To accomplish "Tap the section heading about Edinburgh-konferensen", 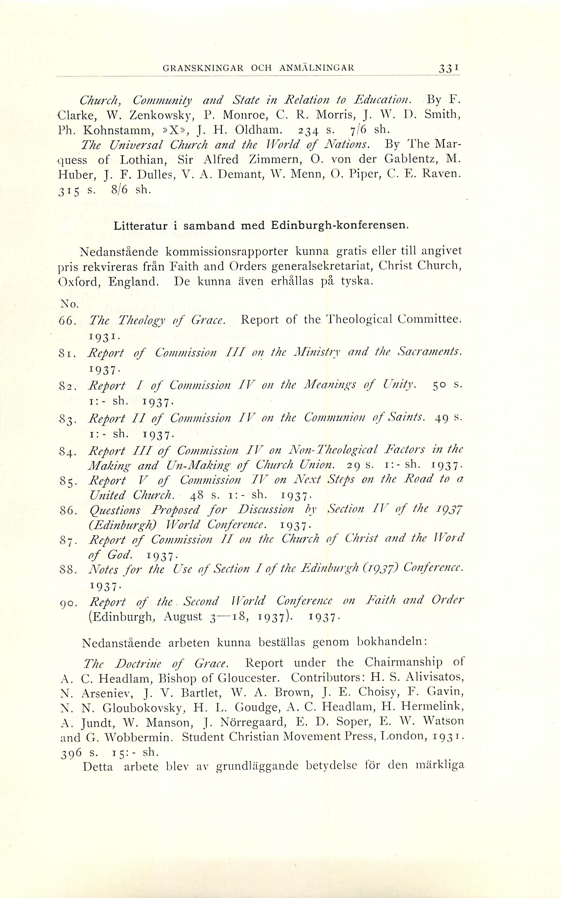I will (x=261, y=226).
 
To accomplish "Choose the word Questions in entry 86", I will (x=115, y=510).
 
